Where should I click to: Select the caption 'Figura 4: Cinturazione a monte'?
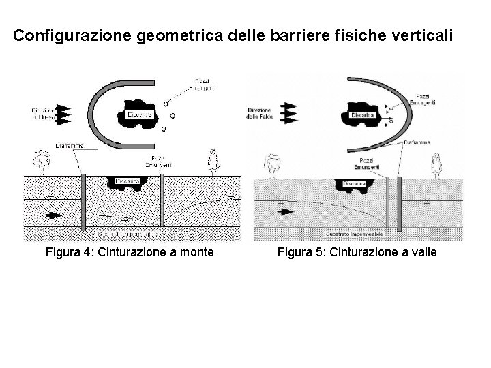coord(130,254)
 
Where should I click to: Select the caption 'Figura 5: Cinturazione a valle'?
coord(357,254)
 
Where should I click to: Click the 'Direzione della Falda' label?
coord(260,112)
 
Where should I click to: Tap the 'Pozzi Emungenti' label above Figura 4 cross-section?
coord(162,162)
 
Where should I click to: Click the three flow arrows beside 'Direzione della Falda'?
coord(291,112)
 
